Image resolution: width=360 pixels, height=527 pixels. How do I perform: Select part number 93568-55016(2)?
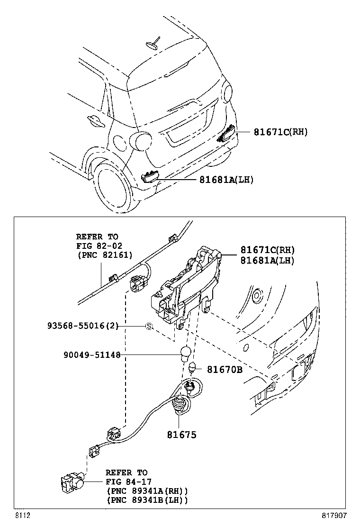[82, 326]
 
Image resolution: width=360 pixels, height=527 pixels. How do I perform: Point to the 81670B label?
[225, 370]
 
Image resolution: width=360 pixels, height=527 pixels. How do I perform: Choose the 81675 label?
[181, 435]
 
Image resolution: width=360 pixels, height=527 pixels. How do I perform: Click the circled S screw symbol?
[148, 326]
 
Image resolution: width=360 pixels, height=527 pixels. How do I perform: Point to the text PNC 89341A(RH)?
[147, 491]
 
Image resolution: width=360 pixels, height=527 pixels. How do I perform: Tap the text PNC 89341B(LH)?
[147, 500]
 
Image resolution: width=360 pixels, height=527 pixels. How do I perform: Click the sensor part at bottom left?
[72, 483]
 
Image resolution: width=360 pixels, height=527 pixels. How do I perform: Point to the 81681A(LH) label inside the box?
[267, 260]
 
